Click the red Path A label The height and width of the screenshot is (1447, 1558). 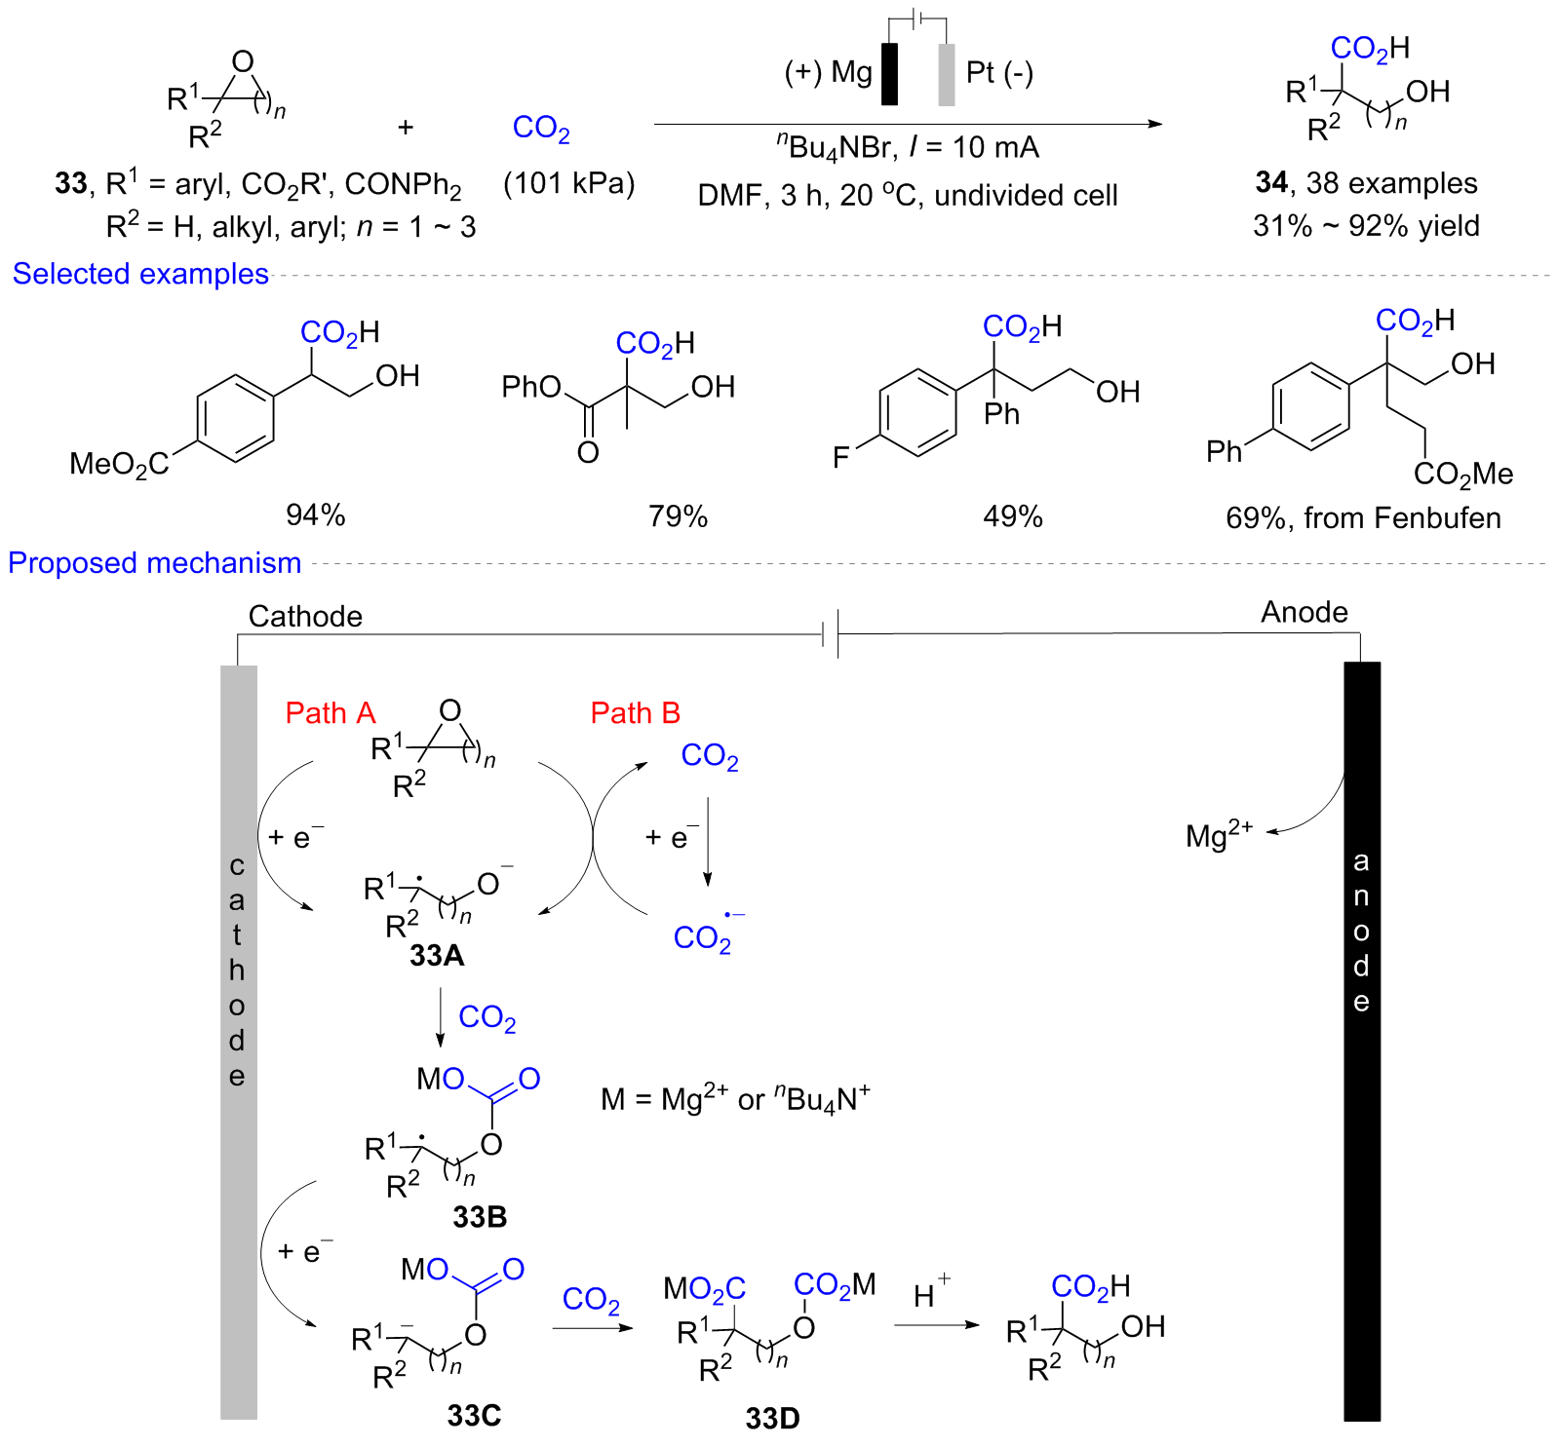[x=330, y=713]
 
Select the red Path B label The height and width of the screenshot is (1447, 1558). [x=635, y=713]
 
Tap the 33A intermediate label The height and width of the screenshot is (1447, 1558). [x=437, y=955]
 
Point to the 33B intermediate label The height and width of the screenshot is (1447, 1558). [x=480, y=1216]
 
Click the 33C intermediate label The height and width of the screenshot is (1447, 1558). [x=474, y=1415]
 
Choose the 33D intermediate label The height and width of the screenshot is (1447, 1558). [x=772, y=1418]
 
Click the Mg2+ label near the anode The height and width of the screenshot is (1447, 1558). [x=1218, y=834]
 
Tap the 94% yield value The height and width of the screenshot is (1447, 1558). [x=315, y=514]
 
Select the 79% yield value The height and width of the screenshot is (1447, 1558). [x=678, y=515]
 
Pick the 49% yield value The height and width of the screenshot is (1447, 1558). [x=1012, y=515]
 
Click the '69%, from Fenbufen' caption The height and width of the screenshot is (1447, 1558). [x=1363, y=517]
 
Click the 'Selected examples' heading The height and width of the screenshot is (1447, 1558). [x=140, y=274]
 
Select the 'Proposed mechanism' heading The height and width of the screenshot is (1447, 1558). [x=154, y=563]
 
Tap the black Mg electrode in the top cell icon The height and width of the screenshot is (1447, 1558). [x=889, y=74]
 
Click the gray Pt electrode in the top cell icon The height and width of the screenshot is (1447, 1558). [x=946, y=74]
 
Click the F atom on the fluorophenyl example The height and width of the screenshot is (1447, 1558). [x=840, y=457]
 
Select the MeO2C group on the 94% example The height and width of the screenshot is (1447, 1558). [x=119, y=465]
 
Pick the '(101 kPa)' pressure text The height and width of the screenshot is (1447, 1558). [x=568, y=183]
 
